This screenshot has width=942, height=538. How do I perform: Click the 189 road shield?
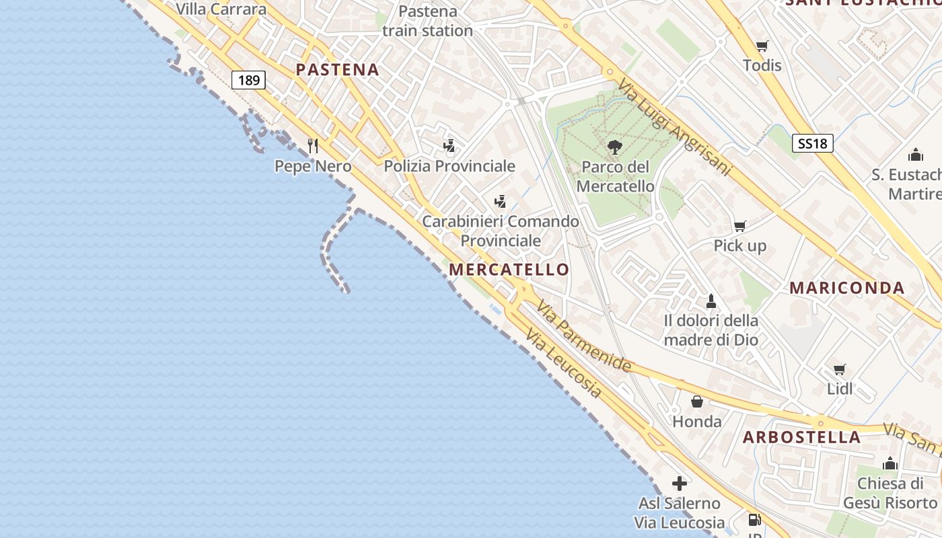pyautogui.click(x=248, y=81)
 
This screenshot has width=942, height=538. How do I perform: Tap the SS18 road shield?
pyautogui.click(x=813, y=143)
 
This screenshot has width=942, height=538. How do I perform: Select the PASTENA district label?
pyautogui.click(x=337, y=69)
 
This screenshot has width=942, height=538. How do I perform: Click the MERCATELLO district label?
pyautogui.click(x=509, y=270)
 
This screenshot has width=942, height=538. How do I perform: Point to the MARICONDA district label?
pyautogui.click(x=846, y=288)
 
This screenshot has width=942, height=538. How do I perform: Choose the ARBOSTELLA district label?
pyautogui.click(x=801, y=437)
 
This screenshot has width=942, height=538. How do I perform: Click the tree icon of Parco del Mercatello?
pyautogui.click(x=614, y=147)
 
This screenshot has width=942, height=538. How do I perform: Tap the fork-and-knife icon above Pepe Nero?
pyautogui.click(x=313, y=145)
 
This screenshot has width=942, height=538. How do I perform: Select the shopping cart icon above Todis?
pyautogui.click(x=762, y=46)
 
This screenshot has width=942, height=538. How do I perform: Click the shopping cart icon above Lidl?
pyautogui.click(x=839, y=369)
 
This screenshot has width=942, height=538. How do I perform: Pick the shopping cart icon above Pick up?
pyautogui.click(x=739, y=226)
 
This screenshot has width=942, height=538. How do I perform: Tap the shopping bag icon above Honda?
pyautogui.click(x=697, y=401)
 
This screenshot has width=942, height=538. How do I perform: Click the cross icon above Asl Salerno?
pyautogui.click(x=680, y=483)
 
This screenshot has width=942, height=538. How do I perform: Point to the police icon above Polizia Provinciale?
pyautogui.click(x=449, y=145)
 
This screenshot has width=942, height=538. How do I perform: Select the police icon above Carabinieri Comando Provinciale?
pyautogui.click(x=500, y=201)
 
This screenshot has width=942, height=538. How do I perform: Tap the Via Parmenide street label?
pyautogui.click(x=583, y=336)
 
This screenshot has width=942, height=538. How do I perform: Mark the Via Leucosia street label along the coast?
pyautogui.click(x=563, y=363)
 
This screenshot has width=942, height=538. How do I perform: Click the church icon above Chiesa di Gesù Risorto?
pyautogui.click(x=890, y=463)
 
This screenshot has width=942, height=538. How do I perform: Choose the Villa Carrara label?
pyautogui.click(x=221, y=9)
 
